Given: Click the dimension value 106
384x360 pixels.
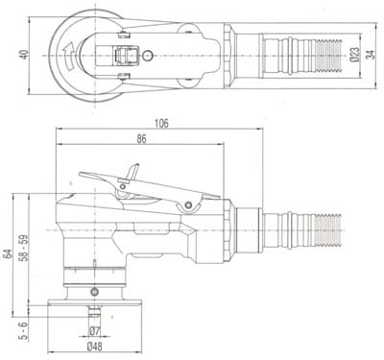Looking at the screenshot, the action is click(161, 124).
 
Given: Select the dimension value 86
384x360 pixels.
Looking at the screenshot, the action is click(141, 139).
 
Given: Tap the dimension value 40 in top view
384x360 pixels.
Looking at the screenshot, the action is click(24, 54).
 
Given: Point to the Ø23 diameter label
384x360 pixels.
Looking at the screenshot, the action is click(355, 55).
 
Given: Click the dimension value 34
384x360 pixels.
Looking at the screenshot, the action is click(371, 55).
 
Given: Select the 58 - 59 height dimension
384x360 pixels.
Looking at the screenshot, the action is click(24, 248).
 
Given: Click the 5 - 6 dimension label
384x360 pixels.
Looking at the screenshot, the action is click(24, 330).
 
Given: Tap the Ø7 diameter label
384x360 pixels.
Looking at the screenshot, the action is click(95, 331).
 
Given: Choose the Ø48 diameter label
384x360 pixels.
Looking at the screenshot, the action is click(95, 347).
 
